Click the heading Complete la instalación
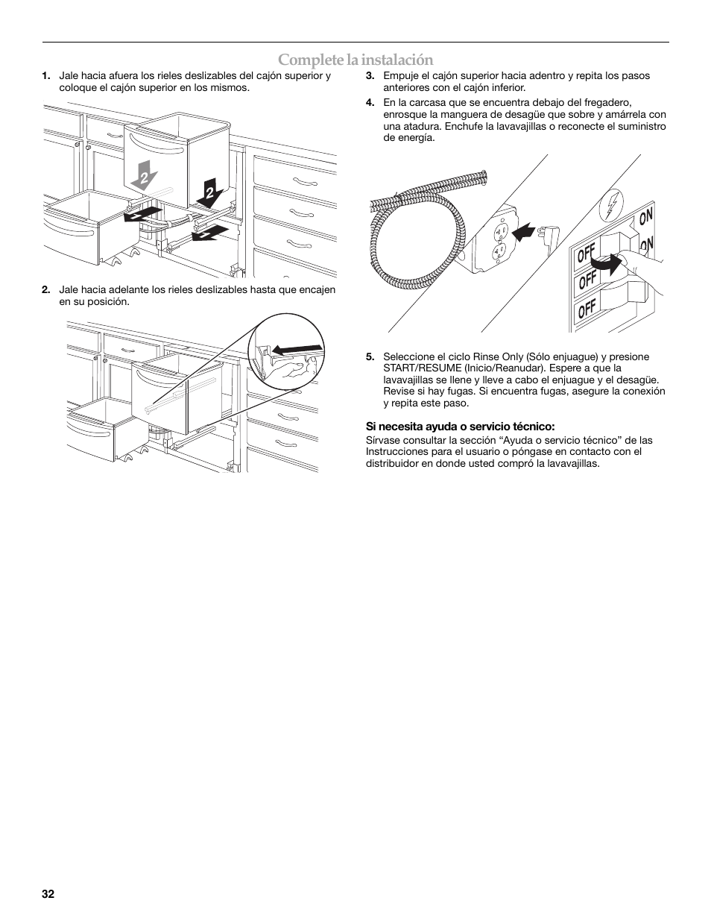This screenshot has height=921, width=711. (x=355, y=60)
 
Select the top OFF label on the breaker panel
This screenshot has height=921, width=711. (x=586, y=256)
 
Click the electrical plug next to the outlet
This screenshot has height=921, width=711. (x=551, y=237)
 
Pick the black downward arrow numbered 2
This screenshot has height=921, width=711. (x=207, y=192)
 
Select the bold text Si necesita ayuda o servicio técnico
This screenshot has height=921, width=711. (x=460, y=427)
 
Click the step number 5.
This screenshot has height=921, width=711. (x=370, y=356)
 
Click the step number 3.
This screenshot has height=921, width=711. (x=370, y=75)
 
